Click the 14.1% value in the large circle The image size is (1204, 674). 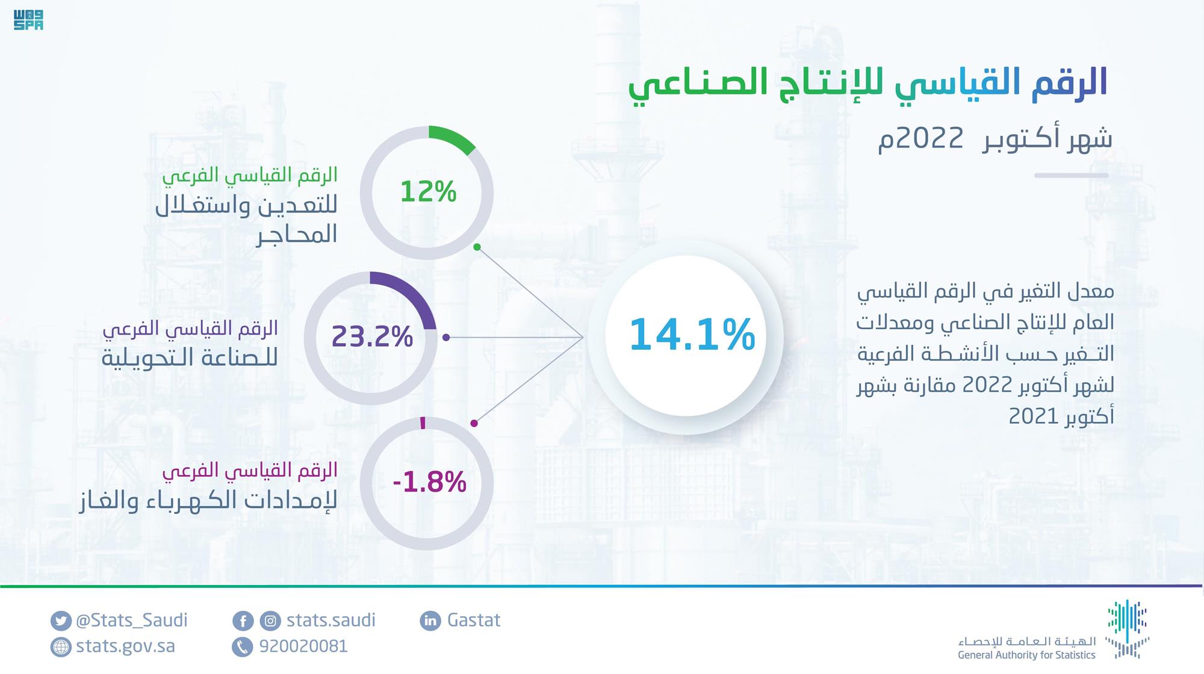click(692, 335)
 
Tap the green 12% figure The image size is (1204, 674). click(428, 192)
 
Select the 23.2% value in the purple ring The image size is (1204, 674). click(372, 336)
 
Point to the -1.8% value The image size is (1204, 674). click(429, 482)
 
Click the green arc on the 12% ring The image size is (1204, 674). click(453, 138)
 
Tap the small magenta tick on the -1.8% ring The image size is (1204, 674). click(423, 422)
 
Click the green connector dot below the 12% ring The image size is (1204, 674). click(477, 247)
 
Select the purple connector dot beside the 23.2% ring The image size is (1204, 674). click(446, 338)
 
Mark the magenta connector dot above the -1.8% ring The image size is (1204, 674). click(474, 424)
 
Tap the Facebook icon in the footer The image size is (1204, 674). click(243, 620)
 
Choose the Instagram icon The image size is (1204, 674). click(271, 620)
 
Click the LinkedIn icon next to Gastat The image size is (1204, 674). click(430, 620)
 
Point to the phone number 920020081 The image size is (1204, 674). click(303, 646)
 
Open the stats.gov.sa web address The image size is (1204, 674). click(125, 646)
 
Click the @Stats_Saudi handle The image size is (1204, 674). click(132, 620)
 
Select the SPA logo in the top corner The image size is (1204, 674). click(28, 19)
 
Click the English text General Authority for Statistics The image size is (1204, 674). click(1026, 655)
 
